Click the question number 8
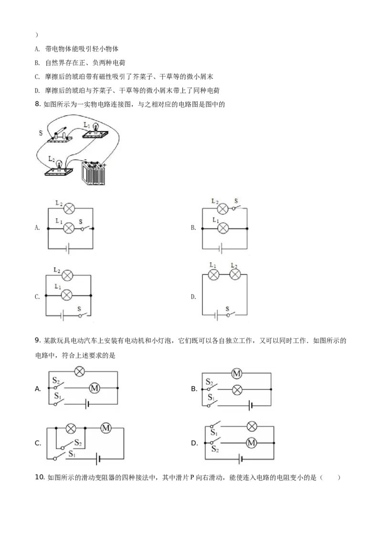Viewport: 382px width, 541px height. pyautogui.click(x=38, y=104)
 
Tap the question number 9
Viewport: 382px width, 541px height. pyautogui.click(x=38, y=341)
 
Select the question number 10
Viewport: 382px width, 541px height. pyautogui.click(x=40, y=477)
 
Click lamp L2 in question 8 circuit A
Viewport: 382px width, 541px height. pyautogui.click(x=70, y=208)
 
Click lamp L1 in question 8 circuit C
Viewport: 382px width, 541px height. pyautogui.click(x=66, y=295)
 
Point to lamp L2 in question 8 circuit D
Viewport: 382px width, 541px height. pyautogui.click(x=235, y=275)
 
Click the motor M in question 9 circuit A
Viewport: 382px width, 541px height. pyautogui.click(x=95, y=388)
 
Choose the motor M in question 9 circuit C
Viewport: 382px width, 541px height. pyautogui.click(x=106, y=428)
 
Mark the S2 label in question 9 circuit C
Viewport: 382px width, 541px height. pyautogui.click(x=78, y=443)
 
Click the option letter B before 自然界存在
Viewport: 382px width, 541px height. pyautogui.click(x=37, y=63)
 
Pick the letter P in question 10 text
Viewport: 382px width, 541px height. pyautogui.click(x=192, y=477)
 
